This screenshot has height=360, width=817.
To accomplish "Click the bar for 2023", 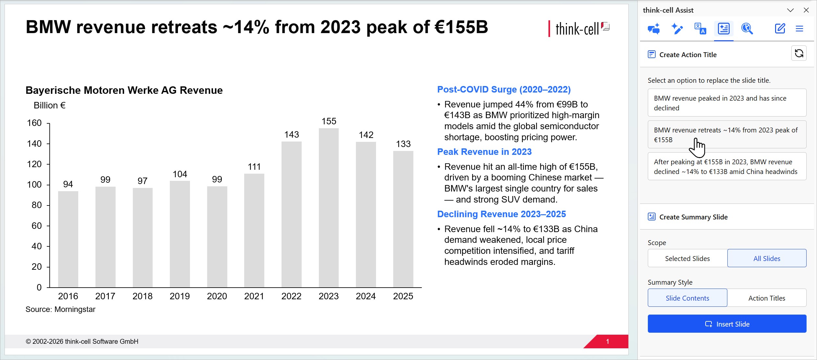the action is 329,208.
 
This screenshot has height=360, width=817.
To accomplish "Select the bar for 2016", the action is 68,239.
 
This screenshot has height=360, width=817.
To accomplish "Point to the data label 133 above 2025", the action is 403,144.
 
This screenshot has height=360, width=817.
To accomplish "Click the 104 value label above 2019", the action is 180,174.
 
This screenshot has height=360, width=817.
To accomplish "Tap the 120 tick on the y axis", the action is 34,164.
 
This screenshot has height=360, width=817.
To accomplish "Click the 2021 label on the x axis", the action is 254,296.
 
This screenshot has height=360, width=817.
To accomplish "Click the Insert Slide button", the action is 727,324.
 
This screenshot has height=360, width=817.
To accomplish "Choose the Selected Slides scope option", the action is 687,258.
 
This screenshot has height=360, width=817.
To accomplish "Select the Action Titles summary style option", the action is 767,298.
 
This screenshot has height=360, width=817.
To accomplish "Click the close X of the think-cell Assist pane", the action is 806,10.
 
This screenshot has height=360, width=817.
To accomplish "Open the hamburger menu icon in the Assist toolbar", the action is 799,29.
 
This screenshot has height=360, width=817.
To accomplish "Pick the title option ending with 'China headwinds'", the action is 727,166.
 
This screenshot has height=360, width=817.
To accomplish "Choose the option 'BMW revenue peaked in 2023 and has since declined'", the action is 727,103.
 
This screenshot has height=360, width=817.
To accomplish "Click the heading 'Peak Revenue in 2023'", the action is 484,152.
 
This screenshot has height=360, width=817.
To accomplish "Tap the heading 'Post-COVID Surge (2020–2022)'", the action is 504,89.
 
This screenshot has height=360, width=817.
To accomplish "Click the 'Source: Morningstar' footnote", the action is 60,309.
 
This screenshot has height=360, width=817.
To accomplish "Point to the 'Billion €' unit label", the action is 50,105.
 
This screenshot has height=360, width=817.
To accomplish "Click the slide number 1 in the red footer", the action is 608,341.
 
